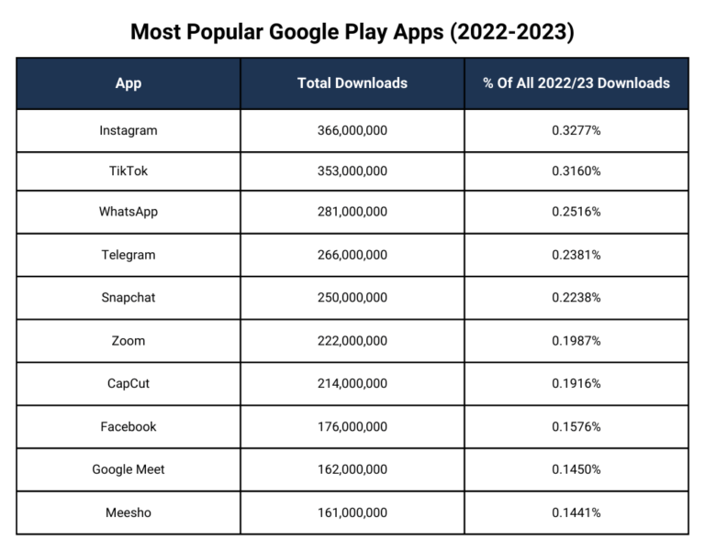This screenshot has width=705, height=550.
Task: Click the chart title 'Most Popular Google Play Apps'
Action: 352,32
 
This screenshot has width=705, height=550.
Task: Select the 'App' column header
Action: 129,83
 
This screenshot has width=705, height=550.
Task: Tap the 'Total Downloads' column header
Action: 352,83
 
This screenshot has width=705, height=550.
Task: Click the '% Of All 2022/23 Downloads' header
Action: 576,83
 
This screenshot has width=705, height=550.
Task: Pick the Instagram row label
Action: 129,130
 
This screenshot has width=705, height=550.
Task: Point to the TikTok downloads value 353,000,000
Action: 352,171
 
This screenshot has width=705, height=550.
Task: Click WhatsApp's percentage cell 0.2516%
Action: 576,212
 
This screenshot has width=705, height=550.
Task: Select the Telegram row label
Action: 129,255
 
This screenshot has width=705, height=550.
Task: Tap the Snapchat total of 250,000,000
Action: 352,298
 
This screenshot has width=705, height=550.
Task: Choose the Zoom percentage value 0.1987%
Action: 576,341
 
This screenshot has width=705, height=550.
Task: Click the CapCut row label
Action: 129,383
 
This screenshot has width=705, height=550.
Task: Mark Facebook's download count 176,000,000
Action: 352,426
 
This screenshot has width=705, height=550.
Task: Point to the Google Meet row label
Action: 129,469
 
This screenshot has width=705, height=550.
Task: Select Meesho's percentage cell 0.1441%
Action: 576,512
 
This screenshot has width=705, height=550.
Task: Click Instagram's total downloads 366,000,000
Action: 352,130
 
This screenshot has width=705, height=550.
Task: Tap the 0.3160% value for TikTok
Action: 576,171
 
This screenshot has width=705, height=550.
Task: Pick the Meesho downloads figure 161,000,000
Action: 352,512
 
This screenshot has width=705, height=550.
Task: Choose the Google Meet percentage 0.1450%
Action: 576,469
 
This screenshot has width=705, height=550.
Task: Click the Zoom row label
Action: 129,341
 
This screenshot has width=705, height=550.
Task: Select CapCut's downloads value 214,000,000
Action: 352,383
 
